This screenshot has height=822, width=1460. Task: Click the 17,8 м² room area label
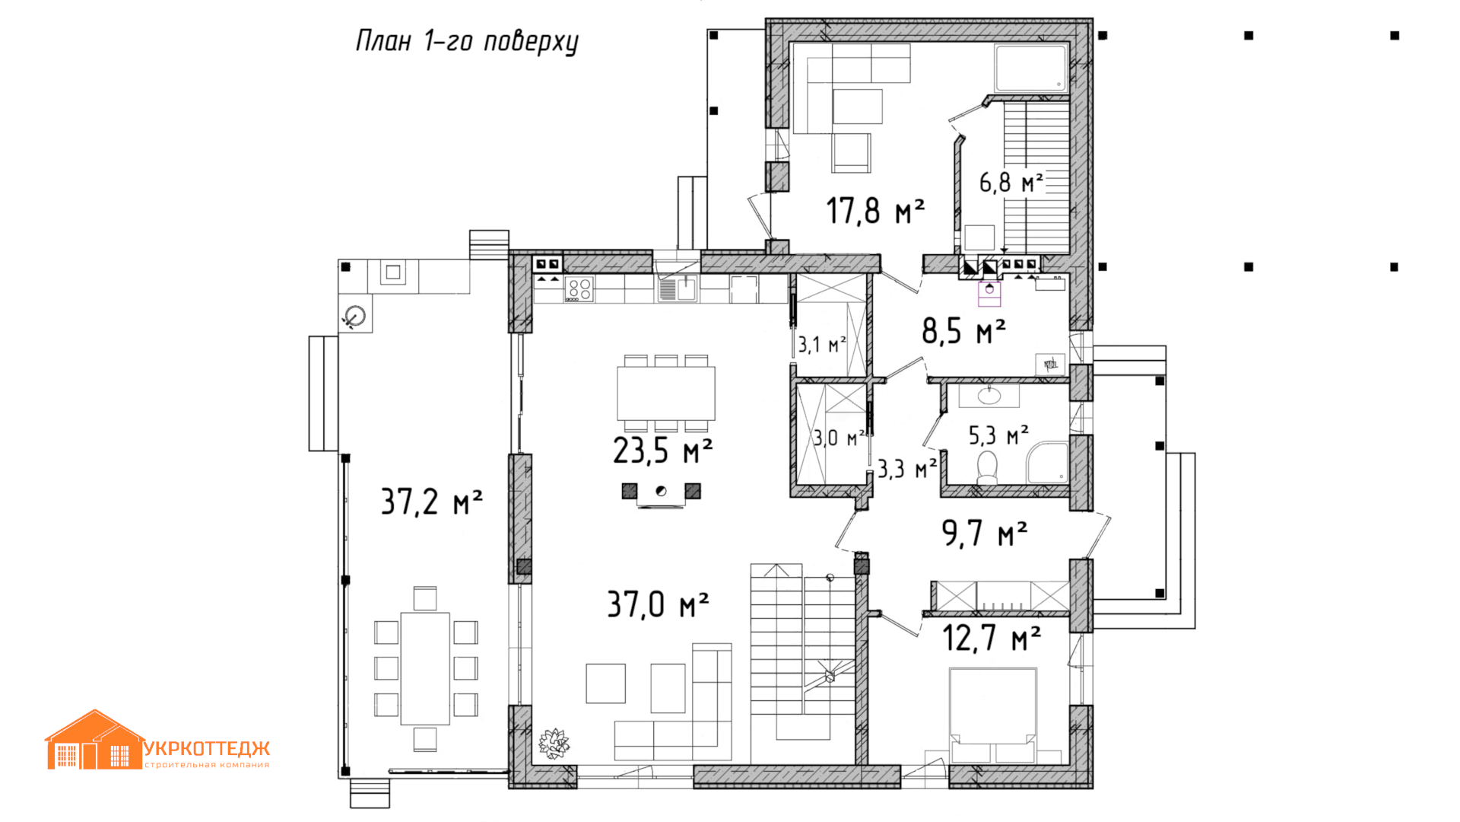pos(875,211)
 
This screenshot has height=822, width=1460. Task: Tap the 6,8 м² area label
pos(1011,183)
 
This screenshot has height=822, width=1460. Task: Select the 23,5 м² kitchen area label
pos(662,451)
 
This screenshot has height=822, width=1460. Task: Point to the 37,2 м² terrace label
pos(431,502)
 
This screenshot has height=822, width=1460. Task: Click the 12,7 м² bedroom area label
pos(992,638)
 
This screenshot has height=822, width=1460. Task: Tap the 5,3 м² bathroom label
pos(998,435)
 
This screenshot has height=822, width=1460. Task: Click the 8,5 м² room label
pos(963,331)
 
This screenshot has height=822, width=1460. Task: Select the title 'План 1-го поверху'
pos(467,41)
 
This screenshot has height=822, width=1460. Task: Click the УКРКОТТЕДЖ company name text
pos(207,749)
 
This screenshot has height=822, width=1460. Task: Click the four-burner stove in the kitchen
pos(579,289)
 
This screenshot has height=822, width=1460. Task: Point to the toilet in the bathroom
pos(987,468)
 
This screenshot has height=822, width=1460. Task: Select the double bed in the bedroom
pos(993,715)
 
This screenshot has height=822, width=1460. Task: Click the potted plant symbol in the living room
pos(554,742)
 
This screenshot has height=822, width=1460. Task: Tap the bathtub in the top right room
pos(1031,68)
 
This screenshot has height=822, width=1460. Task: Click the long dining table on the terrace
pos(425,668)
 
